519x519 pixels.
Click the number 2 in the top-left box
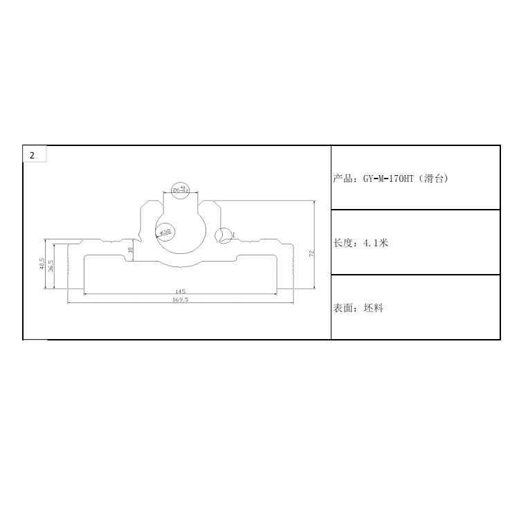click(32, 155)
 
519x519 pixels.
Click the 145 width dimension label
click(180, 291)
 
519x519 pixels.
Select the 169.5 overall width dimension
click(180, 300)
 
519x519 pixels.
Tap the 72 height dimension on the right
click(311, 253)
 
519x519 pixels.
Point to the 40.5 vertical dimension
click(42, 265)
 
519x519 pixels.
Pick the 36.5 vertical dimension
click(51, 266)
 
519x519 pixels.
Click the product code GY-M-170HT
click(388, 179)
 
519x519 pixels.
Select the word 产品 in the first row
click(343, 179)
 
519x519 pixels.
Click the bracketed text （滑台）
click(433, 179)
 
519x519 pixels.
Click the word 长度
click(343, 243)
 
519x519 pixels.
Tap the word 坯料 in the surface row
click(373, 308)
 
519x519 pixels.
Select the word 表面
click(343, 308)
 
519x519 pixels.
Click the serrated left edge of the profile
click(68, 266)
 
